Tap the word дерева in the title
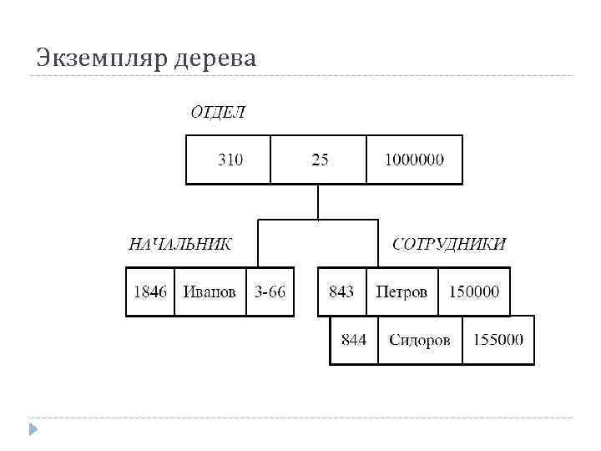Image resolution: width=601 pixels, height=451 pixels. pyautogui.click(x=215, y=58)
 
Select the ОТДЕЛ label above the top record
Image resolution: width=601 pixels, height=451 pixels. pyautogui.click(x=218, y=113)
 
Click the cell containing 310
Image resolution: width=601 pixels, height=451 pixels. pyautogui.click(x=230, y=160)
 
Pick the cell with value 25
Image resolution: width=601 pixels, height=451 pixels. pyautogui.click(x=320, y=160)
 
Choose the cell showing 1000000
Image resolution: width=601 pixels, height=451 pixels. pyautogui.click(x=414, y=160)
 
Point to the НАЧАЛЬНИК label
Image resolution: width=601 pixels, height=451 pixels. pyautogui.click(x=179, y=244)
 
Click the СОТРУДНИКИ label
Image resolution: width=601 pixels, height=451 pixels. pyautogui.click(x=448, y=244)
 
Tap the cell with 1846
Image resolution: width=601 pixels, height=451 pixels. pyautogui.click(x=150, y=291)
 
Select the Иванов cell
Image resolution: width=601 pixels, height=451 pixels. pyautogui.click(x=210, y=291)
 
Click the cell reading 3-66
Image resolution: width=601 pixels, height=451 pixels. pyautogui.click(x=270, y=291)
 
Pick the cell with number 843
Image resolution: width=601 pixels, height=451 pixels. pyautogui.click(x=341, y=291)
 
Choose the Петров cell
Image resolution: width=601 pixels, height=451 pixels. pyautogui.click(x=402, y=291)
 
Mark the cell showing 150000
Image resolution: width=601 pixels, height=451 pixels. pyautogui.click(x=474, y=291)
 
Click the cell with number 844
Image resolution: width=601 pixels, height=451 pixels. pyautogui.click(x=354, y=340)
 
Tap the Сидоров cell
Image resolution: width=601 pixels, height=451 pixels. pyautogui.click(x=419, y=340)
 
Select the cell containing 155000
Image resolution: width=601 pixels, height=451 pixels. pyautogui.click(x=498, y=340)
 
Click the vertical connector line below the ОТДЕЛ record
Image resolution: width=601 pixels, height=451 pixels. pyautogui.click(x=318, y=202)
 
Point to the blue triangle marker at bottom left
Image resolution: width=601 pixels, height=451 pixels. pyautogui.click(x=33, y=429)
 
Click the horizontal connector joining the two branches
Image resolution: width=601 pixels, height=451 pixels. pyautogui.click(x=318, y=221)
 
